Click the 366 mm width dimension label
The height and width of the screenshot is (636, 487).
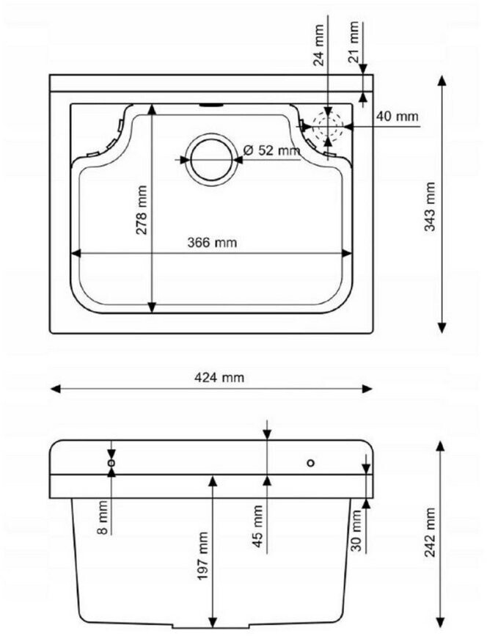pos(212,243)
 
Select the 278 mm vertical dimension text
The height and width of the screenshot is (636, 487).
pos(142,210)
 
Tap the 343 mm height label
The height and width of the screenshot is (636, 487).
pos(429,207)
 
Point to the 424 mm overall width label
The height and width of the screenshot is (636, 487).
pos(219,378)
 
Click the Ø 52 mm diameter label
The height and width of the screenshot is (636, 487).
pos(271,150)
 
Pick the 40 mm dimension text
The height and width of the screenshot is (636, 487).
pos(397,117)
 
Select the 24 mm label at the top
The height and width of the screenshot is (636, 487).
pos(320,45)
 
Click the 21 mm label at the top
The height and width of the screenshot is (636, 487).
pos(354,43)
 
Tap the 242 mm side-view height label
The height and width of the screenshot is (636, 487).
pos(431,533)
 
